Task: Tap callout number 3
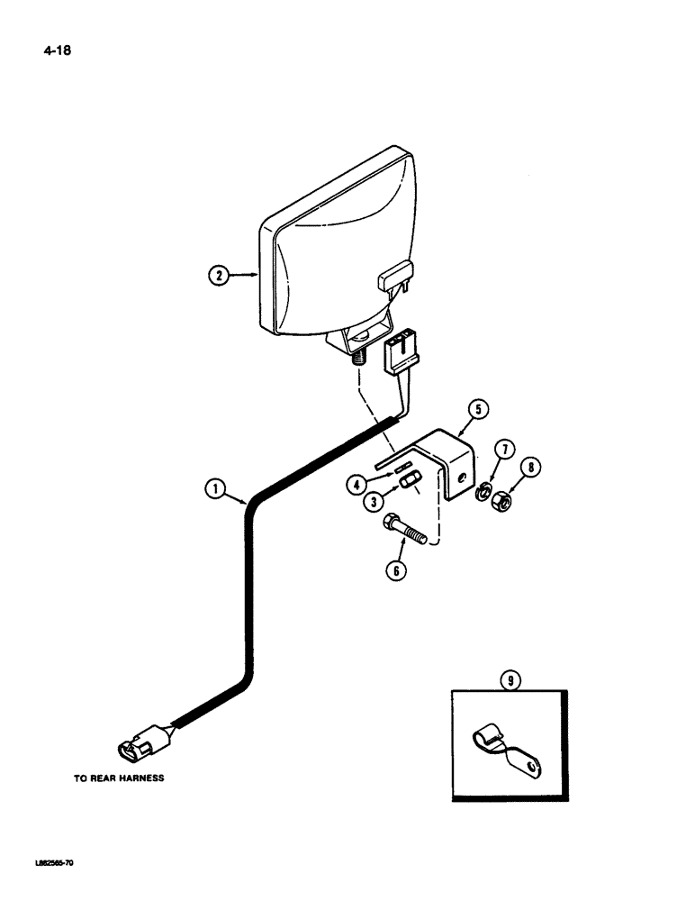point(371,502)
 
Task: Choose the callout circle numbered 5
point(478,411)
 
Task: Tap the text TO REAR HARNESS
point(119,778)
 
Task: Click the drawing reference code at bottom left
point(43,863)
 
